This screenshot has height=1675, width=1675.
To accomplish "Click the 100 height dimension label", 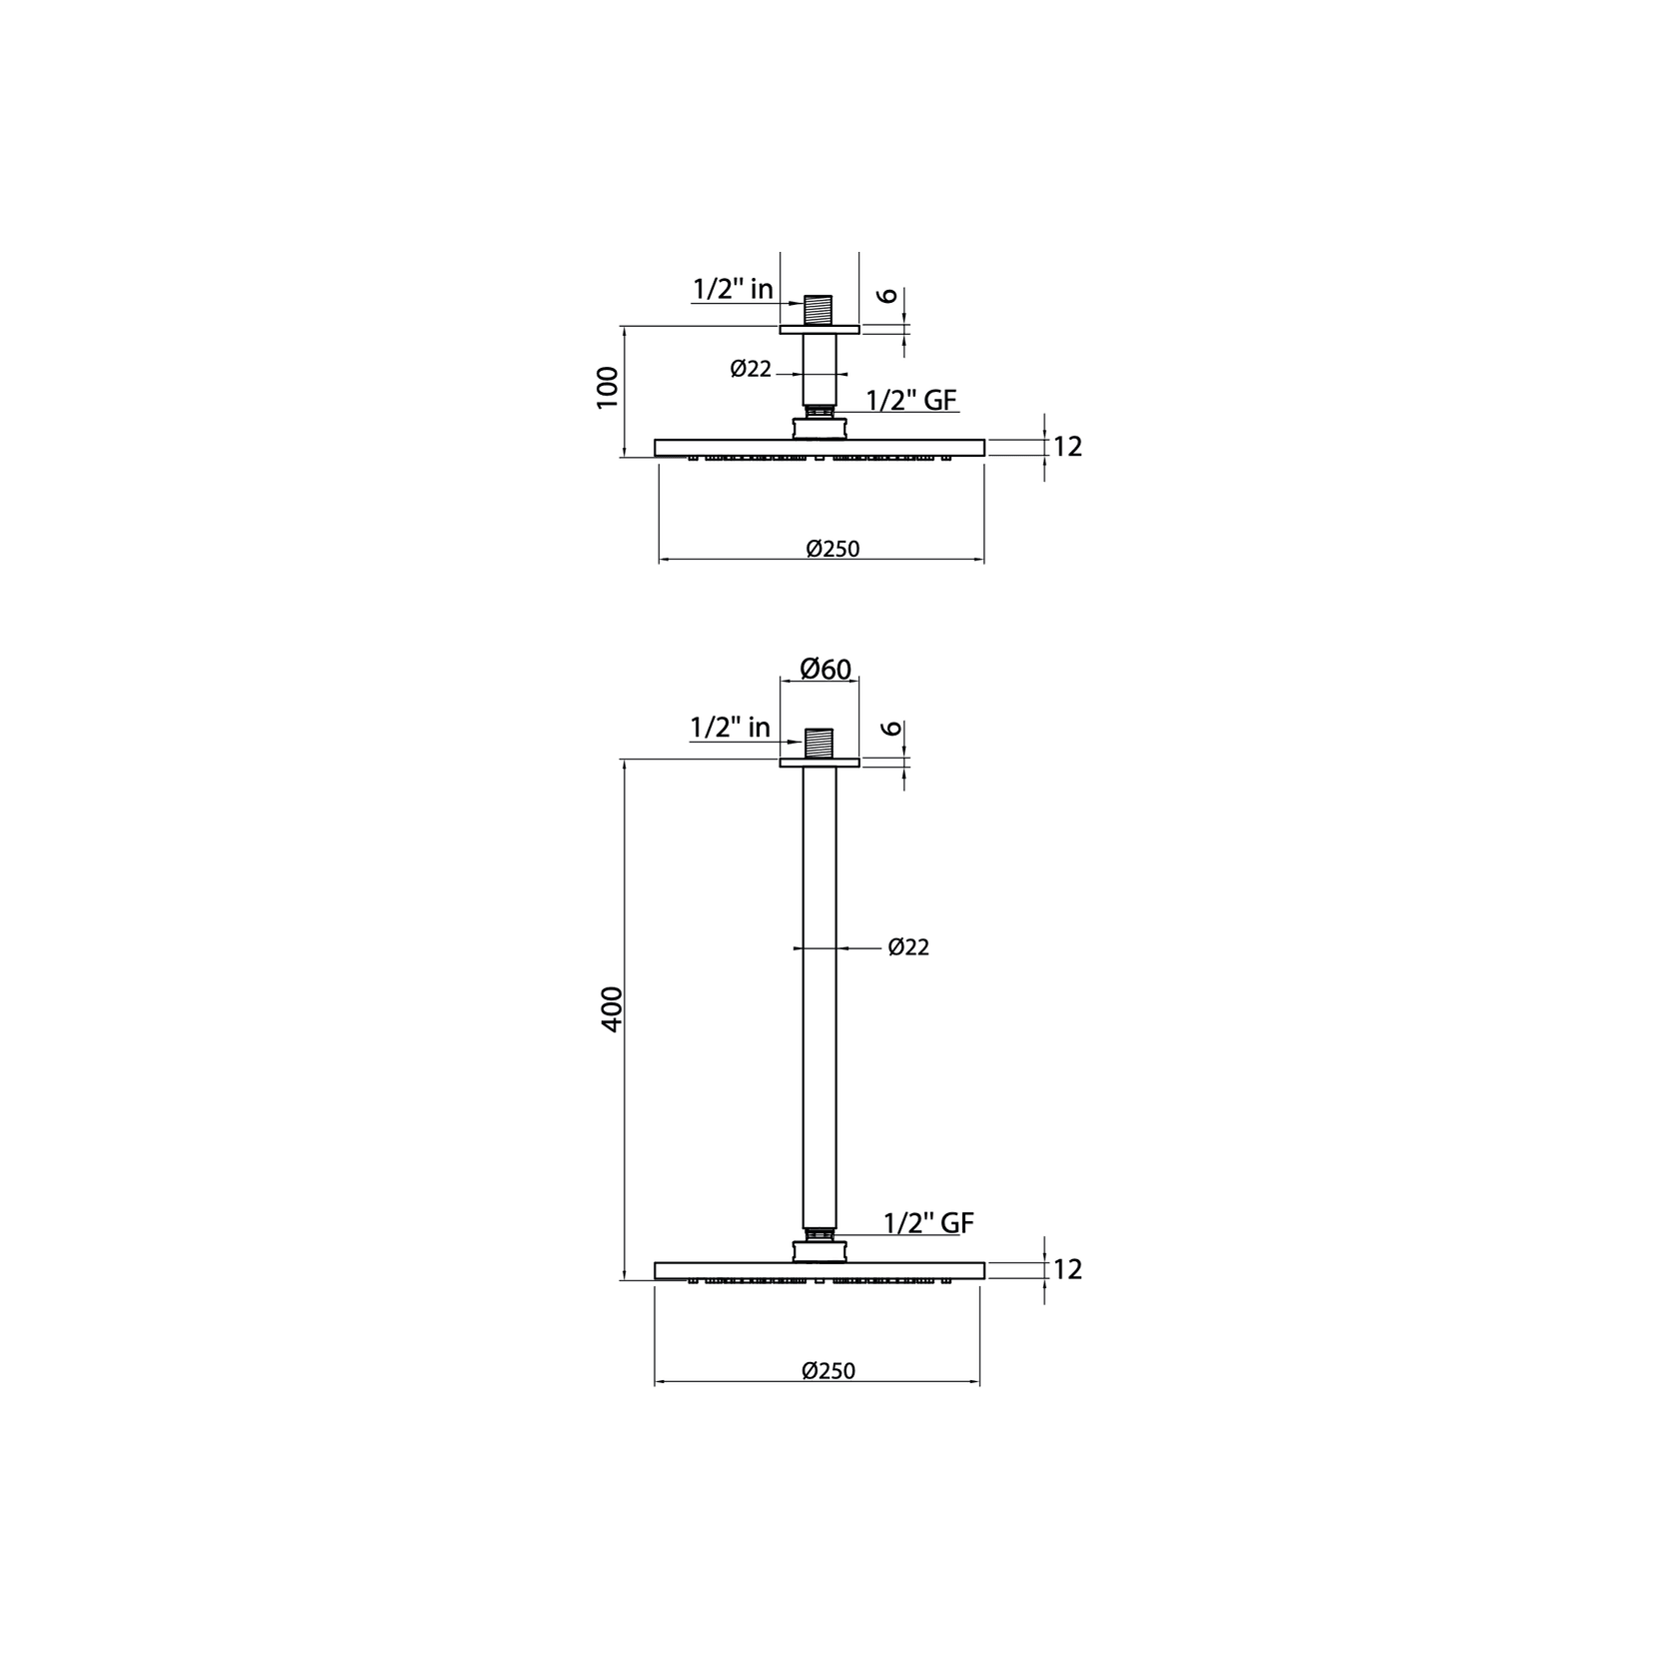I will (x=608, y=387).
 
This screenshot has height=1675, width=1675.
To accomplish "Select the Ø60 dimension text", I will (x=826, y=669).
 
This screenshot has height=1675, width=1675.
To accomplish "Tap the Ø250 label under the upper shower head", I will (x=833, y=549).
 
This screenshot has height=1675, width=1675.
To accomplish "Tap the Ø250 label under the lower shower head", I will (x=829, y=1371).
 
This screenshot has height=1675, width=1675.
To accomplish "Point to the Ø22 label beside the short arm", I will (x=751, y=370).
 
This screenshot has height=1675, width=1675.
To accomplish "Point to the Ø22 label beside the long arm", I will (x=908, y=947).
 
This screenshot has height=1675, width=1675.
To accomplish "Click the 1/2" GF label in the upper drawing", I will (x=911, y=401).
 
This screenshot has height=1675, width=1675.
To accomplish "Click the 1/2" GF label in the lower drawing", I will (x=928, y=1223).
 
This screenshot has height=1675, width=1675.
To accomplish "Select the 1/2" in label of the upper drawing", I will (x=733, y=290).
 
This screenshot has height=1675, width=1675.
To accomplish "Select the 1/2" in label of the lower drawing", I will (x=730, y=728).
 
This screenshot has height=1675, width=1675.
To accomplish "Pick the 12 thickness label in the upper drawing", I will (x=1067, y=447).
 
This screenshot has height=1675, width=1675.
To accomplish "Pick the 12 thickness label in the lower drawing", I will (x=1067, y=1269).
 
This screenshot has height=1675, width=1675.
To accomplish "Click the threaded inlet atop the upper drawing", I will (x=819, y=309).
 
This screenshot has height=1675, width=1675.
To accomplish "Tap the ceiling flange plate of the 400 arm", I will (x=819, y=764).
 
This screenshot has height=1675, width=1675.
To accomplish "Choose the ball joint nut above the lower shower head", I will (x=819, y=1250).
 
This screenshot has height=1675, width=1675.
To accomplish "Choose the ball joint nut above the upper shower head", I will (x=819, y=428).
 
